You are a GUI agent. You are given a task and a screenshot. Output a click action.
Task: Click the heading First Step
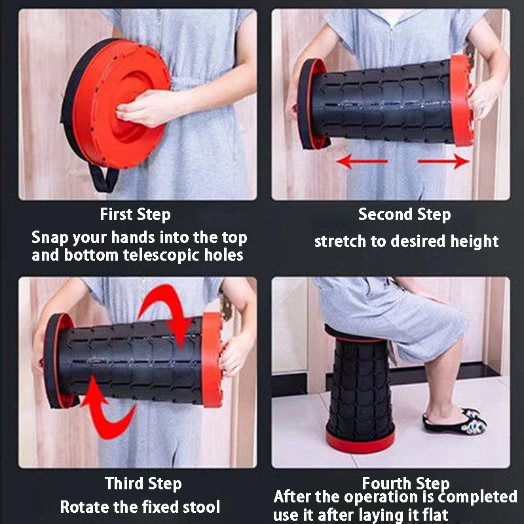135,215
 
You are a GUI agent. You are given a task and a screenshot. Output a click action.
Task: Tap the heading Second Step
404,215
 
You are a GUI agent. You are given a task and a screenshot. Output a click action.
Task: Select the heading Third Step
143,483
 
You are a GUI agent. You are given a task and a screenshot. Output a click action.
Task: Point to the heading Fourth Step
405,483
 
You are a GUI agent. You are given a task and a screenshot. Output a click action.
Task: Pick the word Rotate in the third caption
85,507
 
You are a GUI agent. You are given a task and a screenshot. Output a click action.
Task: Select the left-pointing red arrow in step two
362,161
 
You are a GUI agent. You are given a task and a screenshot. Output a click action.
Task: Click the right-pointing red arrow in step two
443,161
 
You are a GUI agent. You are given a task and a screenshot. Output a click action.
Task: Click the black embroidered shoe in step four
455,421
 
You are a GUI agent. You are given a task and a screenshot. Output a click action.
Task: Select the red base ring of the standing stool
360,441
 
